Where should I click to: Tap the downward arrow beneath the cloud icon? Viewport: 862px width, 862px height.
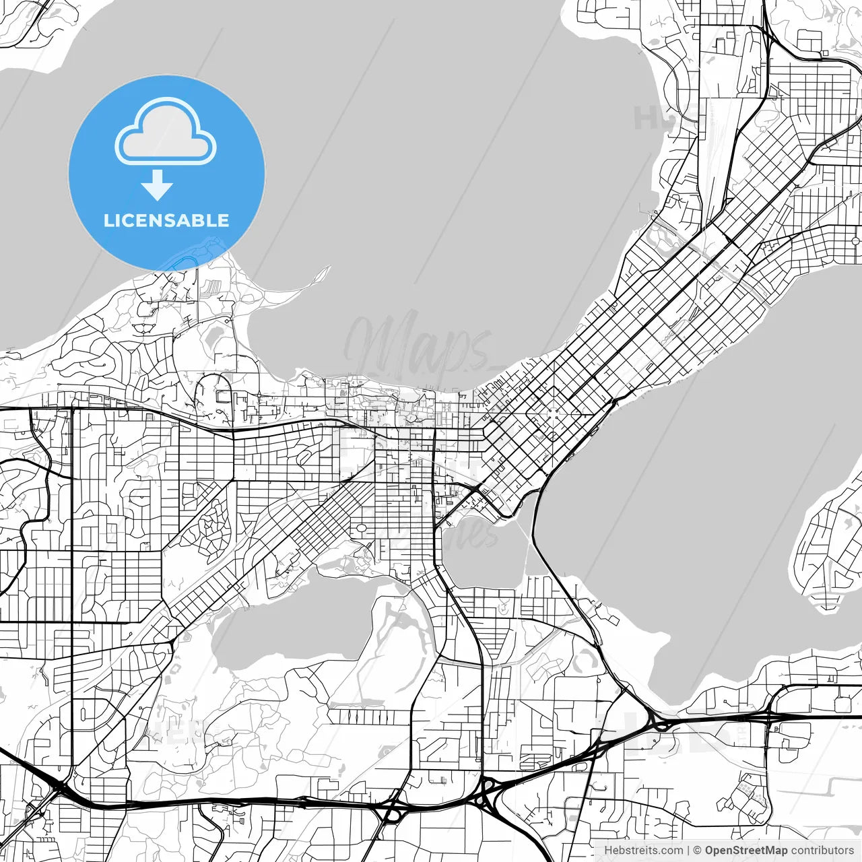pos(158,185)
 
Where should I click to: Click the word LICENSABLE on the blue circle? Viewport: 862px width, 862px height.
pos(166,220)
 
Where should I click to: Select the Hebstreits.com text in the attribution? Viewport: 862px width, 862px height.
pos(643,851)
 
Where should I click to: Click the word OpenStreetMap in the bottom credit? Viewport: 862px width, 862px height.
pos(746,851)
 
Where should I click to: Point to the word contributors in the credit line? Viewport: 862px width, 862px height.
pos(822,851)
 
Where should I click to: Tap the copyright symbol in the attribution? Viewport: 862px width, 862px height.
pos(697,851)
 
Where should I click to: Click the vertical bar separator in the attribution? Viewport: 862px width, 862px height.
pos(688,851)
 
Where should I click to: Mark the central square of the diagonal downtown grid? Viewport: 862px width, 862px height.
pos(553,414)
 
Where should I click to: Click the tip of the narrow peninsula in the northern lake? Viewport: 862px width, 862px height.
pos(329,269)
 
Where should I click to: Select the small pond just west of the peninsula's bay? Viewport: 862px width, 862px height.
pos(216,335)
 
